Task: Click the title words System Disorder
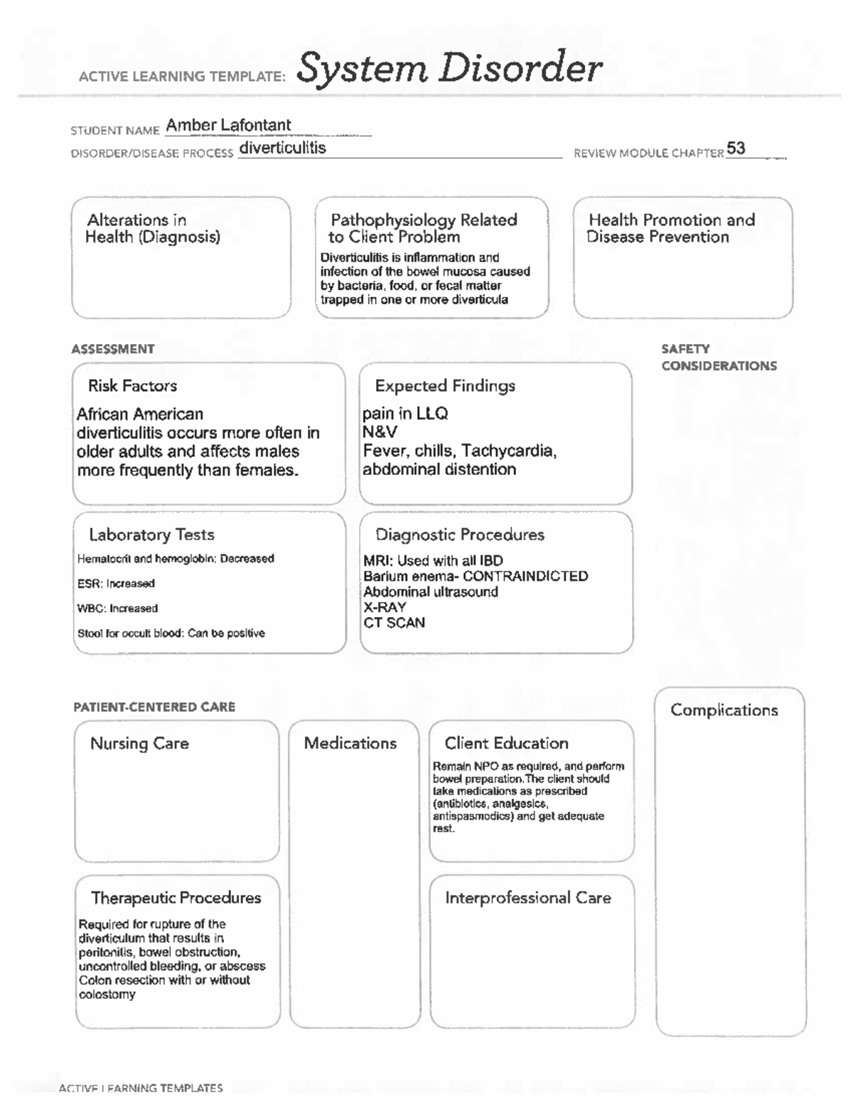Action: pyautogui.click(x=449, y=70)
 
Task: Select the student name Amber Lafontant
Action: pyautogui.click(x=228, y=125)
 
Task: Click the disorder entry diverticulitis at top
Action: pyautogui.click(x=282, y=148)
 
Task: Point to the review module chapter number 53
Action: pyautogui.click(x=736, y=149)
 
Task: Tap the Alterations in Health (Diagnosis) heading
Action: pyautogui.click(x=152, y=228)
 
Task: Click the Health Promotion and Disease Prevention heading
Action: pyautogui.click(x=671, y=228)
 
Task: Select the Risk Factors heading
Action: pyautogui.click(x=132, y=386)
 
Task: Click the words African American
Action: pyautogui.click(x=140, y=414)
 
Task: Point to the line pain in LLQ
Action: pyautogui.click(x=405, y=414)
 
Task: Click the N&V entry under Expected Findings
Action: pyautogui.click(x=380, y=432)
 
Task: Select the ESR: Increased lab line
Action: pyautogui.click(x=116, y=584)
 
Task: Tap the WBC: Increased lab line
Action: pyautogui.click(x=117, y=609)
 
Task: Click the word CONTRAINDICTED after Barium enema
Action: pyautogui.click(x=525, y=576)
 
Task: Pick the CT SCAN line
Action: pyautogui.click(x=394, y=623)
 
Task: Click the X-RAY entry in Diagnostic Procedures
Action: pyautogui.click(x=385, y=607)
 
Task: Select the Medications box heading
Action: pyautogui.click(x=350, y=744)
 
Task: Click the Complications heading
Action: pyautogui.click(x=724, y=710)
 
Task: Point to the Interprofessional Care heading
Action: pyautogui.click(x=527, y=898)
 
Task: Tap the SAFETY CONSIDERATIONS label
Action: pyautogui.click(x=718, y=358)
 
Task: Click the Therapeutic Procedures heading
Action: pyautogui.click(x=176, y=898)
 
